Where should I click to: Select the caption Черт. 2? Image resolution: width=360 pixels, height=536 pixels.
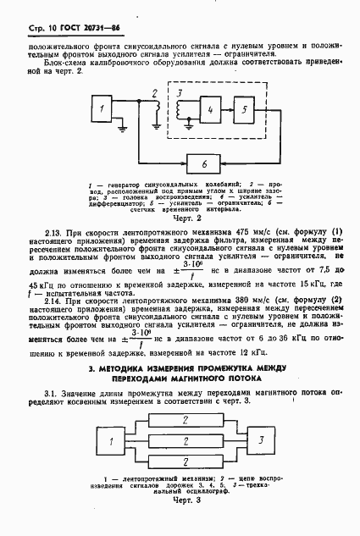point(184,217)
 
